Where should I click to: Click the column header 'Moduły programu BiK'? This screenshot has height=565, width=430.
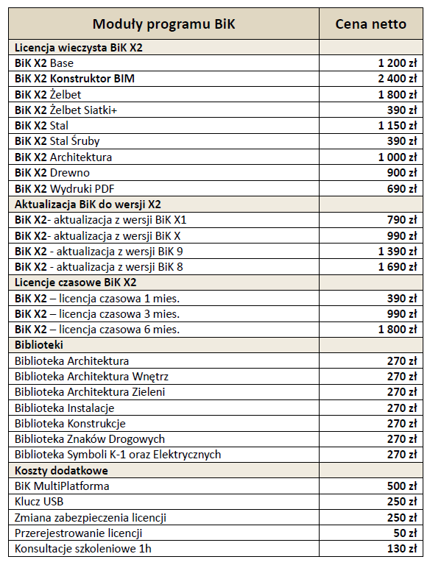point(163,24)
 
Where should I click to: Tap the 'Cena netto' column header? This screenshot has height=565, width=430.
point(371,24)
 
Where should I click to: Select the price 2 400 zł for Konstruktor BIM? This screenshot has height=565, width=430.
point(398,79)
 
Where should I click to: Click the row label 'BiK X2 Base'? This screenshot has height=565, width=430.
point(44,63)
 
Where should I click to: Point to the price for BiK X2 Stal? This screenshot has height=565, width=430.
point(398,126)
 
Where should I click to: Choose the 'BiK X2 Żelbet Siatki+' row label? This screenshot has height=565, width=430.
point(66,110)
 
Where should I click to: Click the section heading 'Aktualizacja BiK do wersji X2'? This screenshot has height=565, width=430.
point(88,205)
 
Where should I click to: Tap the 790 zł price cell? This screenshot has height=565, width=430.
point(402,220)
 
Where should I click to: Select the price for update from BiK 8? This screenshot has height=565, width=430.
point(398,267)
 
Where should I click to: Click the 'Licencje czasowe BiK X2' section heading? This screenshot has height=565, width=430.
point(76,282)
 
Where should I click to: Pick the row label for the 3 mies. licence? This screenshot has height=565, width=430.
point(97,314)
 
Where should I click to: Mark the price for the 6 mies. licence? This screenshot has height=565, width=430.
point(398,330)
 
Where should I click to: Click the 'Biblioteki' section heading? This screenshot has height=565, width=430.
point(39,345)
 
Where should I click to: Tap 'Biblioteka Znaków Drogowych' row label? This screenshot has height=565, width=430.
point(90,439)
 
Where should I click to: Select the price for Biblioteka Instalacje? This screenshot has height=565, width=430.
point(402,408)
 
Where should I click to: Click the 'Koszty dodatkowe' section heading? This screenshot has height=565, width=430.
point(61,471)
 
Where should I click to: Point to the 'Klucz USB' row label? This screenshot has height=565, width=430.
point(39,502)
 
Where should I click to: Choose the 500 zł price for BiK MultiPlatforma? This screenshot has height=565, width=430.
point(402,486)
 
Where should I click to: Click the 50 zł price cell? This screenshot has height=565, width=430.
point(406,533)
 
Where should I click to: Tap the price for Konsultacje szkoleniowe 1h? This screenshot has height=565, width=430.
point(402,549)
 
